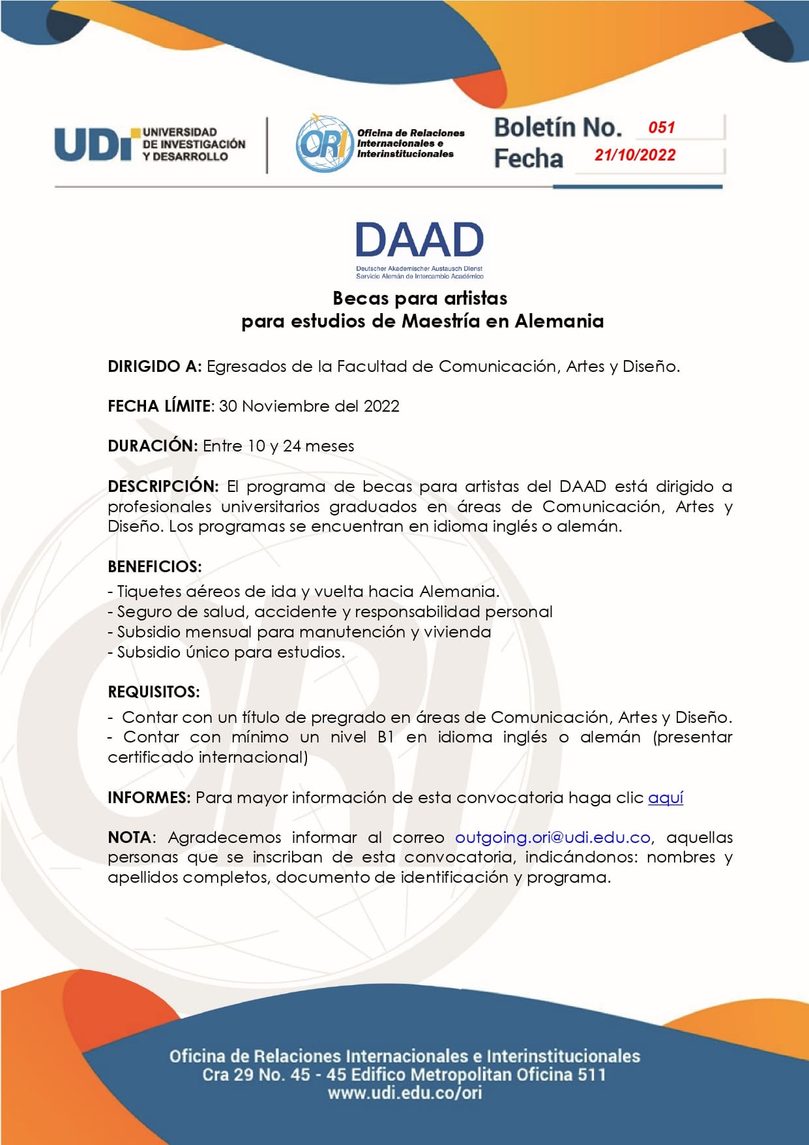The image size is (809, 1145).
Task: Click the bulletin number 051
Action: pos(661,128)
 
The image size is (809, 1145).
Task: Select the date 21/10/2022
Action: pos(634,155)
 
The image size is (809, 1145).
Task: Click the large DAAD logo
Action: pos(419,240)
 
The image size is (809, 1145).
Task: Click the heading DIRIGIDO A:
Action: pos(154,367)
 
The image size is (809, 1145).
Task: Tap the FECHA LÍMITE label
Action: pos(160,406)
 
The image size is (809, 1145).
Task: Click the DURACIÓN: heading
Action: pos(153,446)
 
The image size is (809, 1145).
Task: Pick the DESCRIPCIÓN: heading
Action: pos(163,487)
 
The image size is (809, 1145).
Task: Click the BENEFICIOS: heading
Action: pos(154,567)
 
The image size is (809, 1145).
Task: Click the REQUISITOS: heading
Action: pos(154,692)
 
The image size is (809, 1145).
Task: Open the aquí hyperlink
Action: pos(666,798)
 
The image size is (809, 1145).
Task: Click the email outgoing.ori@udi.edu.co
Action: pos(553,838)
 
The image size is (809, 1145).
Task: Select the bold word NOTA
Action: pos(129,838)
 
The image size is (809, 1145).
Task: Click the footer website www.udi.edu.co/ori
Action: pos(405,1093)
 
